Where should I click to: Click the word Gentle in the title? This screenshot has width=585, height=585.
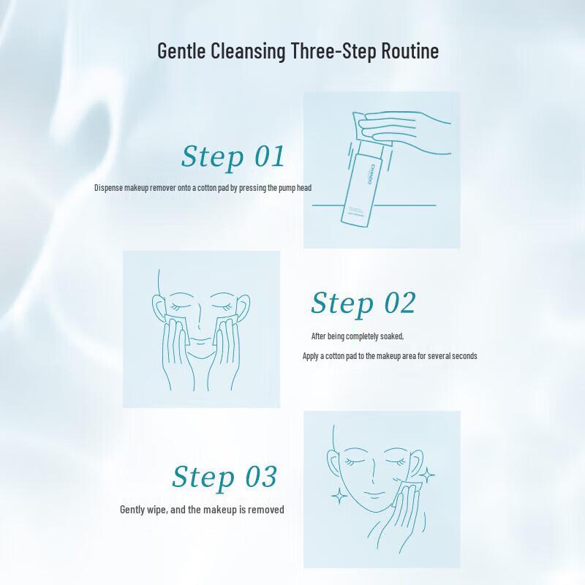(x=184, y=52)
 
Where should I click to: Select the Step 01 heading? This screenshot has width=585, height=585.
(x=233, y=156)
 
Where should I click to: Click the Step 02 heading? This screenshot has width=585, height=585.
(x=363, y=303)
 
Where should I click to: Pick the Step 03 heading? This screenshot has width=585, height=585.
(x=224, y=476)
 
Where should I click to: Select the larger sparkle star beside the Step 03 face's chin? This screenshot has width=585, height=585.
(x=339, y=497)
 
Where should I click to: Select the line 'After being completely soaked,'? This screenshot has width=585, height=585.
(x=358, y=336)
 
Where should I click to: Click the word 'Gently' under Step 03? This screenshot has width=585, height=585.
(x=135, y=510)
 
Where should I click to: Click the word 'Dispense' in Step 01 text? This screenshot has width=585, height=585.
(x=109, y=188)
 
